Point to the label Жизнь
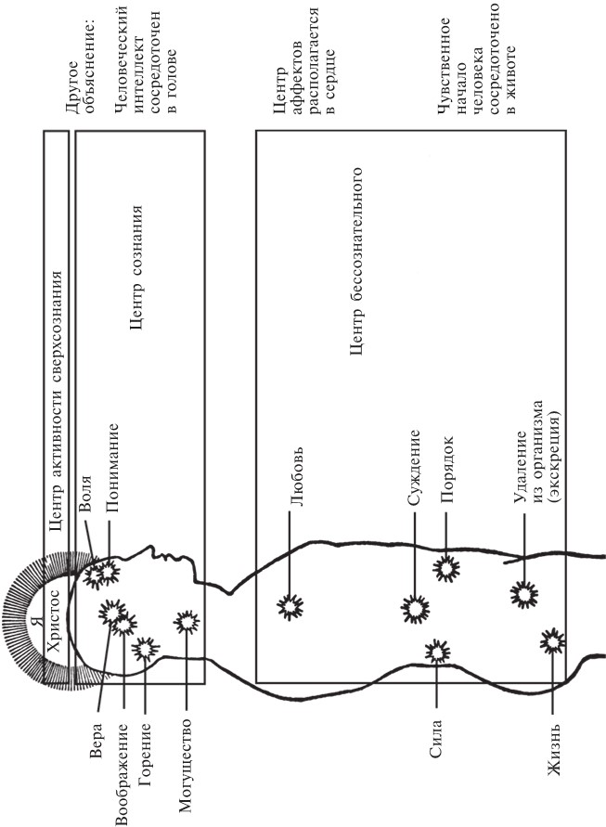click(554, 760)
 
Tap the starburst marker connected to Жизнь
click(554, 640)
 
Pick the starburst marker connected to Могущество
click(188, 622)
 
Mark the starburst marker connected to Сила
click(436, 652)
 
